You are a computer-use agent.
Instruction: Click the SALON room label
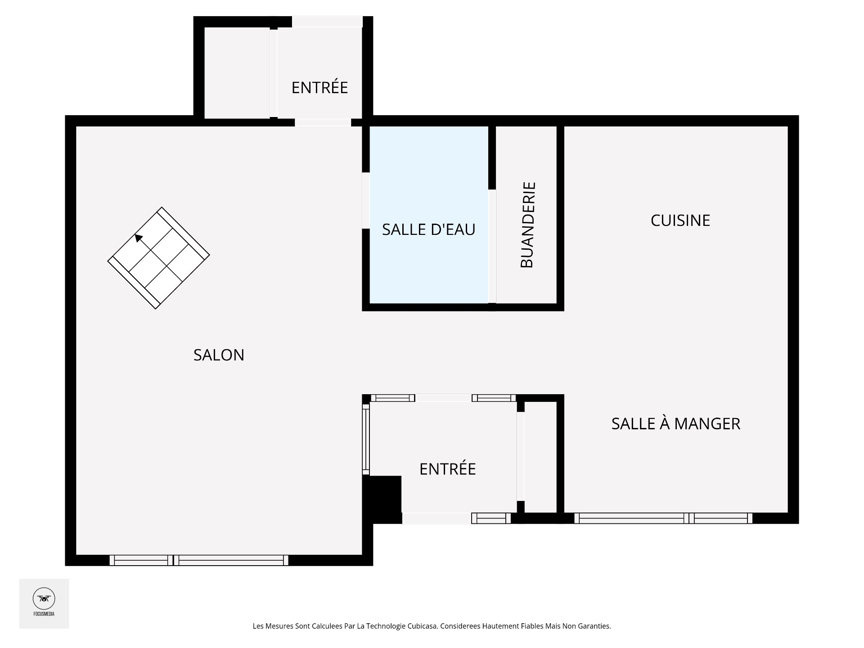click(x=219, y=355)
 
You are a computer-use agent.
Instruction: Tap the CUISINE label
click(x=680, y=220)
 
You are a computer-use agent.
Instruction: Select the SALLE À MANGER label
click(x=676, y=423)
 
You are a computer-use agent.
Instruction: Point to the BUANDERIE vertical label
click(x=527, y=225)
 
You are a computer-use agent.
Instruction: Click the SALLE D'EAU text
click(x=428, y=229)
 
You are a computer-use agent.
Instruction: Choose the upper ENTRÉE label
click(x=319, y=87)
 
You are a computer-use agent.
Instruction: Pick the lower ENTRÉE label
click(x=447, y=469)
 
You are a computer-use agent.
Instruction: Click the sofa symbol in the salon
click(x=158, y=258)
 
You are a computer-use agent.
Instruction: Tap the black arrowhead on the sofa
click(x=139, y=238)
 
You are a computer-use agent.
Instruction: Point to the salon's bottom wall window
click(x=199, y=560)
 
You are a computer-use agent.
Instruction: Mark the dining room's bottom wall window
click(x=663, y=518)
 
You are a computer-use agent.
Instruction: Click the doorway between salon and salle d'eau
click(x=366, y=201)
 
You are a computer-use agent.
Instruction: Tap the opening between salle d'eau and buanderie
click(x=492, y=246)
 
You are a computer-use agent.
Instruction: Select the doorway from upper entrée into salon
click(x=323, y=122)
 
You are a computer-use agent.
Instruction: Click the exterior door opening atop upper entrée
click(x=327, y=22)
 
